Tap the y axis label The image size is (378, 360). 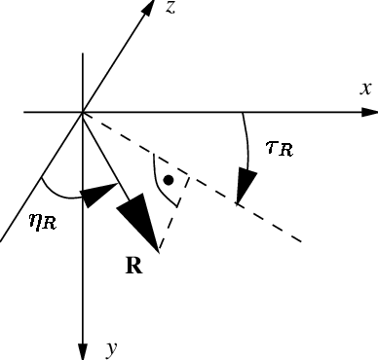111,347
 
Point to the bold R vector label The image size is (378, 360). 136,264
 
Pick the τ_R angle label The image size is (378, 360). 279,149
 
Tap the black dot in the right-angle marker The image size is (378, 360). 170,179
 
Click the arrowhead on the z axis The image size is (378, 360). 147,11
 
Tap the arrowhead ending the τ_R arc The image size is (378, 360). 245,186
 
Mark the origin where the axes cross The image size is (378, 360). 84,112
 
